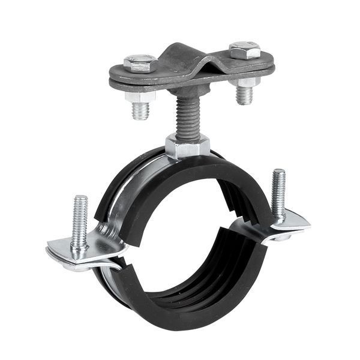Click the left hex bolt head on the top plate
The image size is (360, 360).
140,62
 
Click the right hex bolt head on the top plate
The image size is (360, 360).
245,50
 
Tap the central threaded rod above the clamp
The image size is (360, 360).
186,118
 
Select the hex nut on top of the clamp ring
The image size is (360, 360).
188,146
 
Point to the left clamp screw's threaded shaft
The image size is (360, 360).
79,222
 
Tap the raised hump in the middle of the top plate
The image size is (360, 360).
191,57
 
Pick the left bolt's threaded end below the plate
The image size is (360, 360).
140,110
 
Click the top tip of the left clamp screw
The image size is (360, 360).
81,199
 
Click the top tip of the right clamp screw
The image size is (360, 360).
278,173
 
